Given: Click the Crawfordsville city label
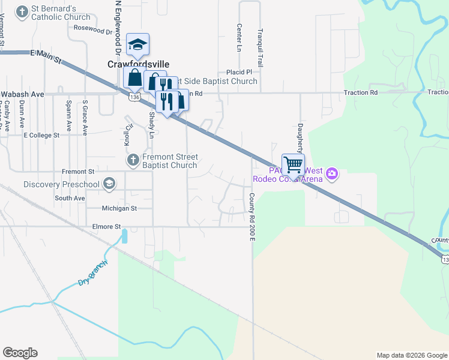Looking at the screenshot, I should coord(138,64).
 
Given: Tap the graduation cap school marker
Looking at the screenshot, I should coord(137,44).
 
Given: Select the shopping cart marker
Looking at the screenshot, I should coord(293,164).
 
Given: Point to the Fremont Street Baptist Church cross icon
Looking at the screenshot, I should coord(133,160).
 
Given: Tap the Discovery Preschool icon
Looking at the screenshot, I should coord(109,184).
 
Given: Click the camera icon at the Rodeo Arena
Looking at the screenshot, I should coord(331,175).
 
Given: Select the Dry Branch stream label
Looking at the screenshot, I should coord(93,274).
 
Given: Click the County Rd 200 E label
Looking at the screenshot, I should coord(253,217).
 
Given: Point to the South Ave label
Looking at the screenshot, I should coord(70,198).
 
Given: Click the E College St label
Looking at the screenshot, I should coord(41,136).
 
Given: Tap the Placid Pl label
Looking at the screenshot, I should coord(238,72).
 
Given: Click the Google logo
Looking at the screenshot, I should coord(20,353).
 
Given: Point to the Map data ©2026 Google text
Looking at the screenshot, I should coord(411,355).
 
